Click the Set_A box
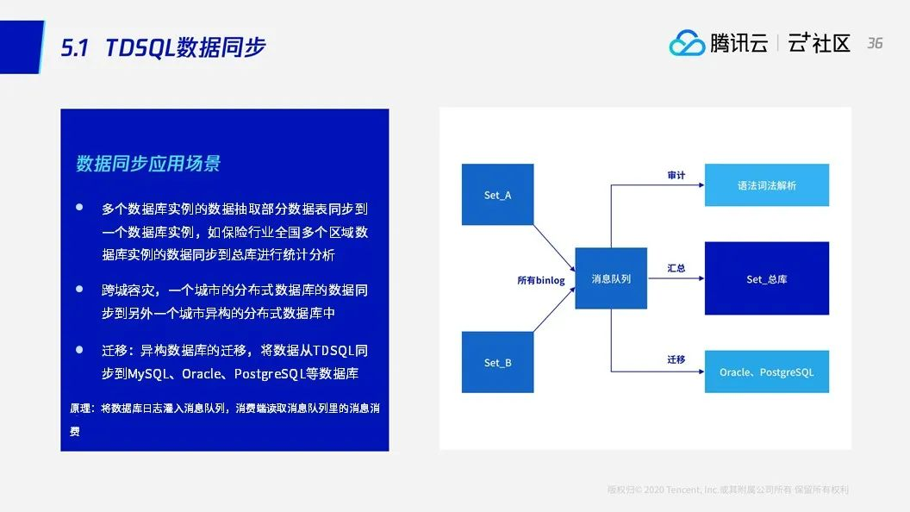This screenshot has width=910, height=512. [497, 195]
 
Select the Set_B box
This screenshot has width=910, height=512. [497, 362]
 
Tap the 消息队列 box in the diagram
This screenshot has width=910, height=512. [611, 278]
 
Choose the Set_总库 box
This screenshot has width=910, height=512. [767, 278]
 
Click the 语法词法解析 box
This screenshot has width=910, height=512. [767, 185]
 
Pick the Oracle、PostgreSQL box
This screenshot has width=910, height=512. [767, 372]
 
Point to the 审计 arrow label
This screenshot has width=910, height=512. [676, 175]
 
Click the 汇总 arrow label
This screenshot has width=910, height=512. [676, 268]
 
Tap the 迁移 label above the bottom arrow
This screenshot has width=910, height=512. [676, 360]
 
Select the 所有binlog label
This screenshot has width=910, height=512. [541, 280]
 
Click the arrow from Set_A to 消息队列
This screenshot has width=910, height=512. [554, 248]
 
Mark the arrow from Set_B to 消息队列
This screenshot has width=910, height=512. [554, 309]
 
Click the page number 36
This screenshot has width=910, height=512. [875, 43]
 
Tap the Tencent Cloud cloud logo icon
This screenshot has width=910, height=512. [687, 43]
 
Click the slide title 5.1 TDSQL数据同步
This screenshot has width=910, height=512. [163, 47]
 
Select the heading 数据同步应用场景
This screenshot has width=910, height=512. [148, 164]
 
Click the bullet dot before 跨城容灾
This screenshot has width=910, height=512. [79, 289]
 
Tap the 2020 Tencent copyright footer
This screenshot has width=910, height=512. [728, 490]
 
